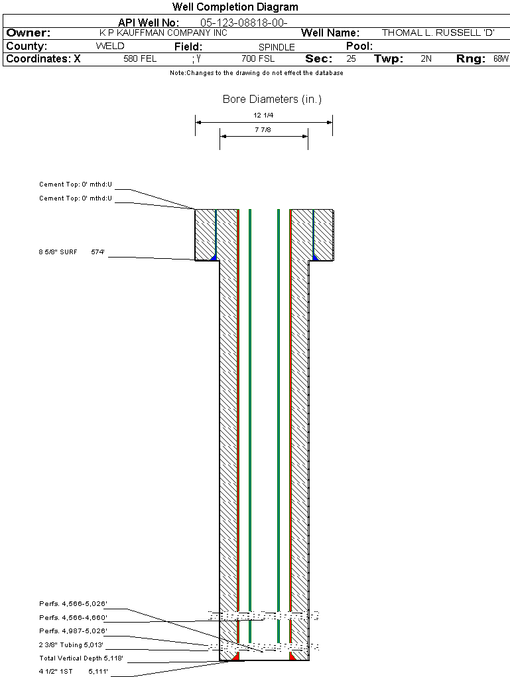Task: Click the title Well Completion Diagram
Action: pos(235,7)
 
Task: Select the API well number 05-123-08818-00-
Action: pos(244,23)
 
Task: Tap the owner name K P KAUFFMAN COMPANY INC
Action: pos(163,33)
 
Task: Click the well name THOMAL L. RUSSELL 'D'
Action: pos(438,33)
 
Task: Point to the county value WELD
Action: pos(110,46)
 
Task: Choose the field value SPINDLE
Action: pos(277,47)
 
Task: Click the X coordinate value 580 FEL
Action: pos(140,58)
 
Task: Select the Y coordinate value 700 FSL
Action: pos(258,58)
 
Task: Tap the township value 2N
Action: pos(426,58)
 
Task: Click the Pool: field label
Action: pos(359,46)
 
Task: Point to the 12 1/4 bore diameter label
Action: pos(263,115)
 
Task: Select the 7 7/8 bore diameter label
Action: pos(263,129)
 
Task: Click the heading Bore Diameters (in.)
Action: pos(273,100)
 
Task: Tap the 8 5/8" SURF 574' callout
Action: pos(72,252)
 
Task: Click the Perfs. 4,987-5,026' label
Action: pos(74,631)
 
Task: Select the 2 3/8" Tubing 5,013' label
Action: pos(71,644)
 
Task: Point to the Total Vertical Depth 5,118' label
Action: pos(81,658)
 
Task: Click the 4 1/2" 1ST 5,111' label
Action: pos(74,672)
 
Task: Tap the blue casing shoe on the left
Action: pos(213,258)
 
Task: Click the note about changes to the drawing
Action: pos(256,73)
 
